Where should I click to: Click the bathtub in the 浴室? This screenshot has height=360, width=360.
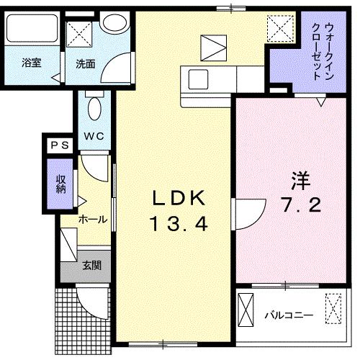(x=32, y=28)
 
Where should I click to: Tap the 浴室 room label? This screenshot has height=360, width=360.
(x=32, y=63)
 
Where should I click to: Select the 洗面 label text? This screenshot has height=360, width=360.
(x=86, y=64)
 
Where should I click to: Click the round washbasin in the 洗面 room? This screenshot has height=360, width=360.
(x=114, y=22)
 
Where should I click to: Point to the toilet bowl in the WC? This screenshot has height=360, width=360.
(x=94, y=109)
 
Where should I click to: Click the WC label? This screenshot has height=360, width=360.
(x=94, y=136)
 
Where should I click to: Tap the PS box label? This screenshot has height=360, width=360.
(x=60, y=145)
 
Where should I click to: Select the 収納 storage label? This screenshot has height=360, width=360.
(x=60, y=184)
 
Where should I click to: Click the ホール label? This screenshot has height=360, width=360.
(x=93, y=220)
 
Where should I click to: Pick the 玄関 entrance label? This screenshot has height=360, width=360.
(x=91, y=266)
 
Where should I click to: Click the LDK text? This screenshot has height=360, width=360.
(x=179, y=198)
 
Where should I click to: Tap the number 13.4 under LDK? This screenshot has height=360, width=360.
(x=179, y=224)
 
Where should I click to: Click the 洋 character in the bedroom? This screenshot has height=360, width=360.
(x=301, y=181)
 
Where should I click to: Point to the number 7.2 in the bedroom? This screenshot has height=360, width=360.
(x=302, y=205)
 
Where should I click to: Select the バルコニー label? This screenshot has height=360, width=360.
(x=289, y=315)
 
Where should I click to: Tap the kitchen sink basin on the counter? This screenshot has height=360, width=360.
(x=198, y=79)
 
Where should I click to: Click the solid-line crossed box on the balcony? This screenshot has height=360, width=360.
(x=246, y=310)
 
